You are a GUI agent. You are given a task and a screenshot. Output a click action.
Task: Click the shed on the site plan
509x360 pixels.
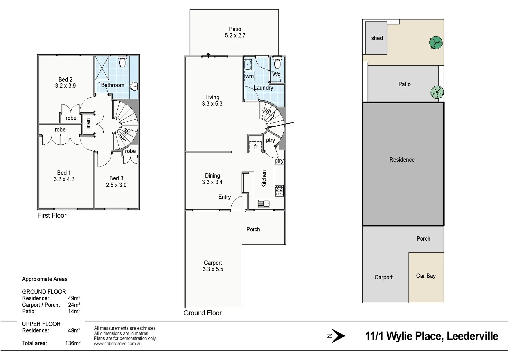click(376, 38)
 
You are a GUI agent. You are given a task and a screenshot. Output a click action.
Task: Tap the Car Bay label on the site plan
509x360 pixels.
click(426, 276)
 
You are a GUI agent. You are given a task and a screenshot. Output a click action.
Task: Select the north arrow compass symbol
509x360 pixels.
click(336, 336)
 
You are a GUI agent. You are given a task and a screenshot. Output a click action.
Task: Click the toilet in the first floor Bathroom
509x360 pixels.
click(122, 62)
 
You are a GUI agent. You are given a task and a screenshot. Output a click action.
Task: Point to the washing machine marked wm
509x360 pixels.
click(249, 76)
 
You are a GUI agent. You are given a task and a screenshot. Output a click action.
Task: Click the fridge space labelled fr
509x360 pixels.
click(255, 147)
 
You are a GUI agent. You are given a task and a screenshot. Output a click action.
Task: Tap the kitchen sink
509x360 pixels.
click(264, 203)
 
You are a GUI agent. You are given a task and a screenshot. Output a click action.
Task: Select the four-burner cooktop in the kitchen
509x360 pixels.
click(279, 191)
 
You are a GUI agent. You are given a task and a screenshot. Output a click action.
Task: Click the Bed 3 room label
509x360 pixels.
click(116, 178)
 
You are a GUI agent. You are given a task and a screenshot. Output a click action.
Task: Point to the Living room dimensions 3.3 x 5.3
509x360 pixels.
click(212, 104)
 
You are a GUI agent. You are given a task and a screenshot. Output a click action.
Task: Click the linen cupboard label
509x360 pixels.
click(88, 124)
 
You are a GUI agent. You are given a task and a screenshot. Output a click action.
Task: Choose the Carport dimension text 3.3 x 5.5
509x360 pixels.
click(213, 269)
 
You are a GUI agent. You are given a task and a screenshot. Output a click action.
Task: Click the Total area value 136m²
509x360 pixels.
click(73, 343)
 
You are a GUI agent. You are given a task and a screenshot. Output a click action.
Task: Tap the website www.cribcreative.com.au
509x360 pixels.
click(118, 344)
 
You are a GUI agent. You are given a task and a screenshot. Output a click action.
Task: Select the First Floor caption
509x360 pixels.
click(52, 216)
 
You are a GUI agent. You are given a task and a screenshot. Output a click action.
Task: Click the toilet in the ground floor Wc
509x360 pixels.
click(277, 62)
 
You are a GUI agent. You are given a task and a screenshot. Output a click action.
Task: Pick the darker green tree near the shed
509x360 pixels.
click(436, 43)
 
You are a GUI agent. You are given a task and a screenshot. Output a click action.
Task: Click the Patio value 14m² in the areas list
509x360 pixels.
click(74, 311)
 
